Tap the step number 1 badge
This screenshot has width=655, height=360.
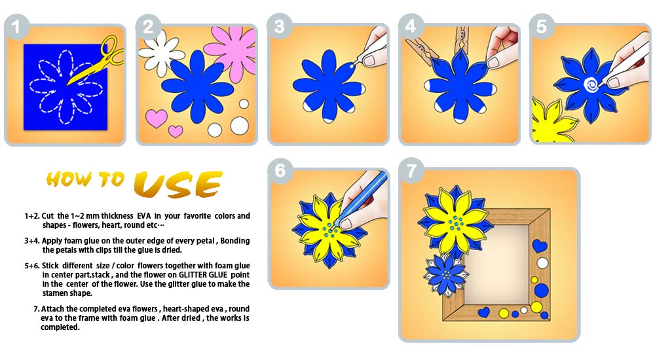click(16, 27)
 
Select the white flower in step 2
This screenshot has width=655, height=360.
click(161, 53)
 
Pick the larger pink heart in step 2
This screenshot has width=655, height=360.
click(157, 118)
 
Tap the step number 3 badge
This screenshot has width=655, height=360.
click(280, 26)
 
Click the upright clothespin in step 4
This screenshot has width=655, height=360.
click(462, 42)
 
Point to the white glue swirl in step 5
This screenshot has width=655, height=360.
click(591, 85)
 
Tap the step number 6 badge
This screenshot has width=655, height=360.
click(280, 170)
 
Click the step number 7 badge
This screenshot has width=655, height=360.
click(411, 170)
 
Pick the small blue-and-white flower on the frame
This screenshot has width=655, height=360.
click(445, 275)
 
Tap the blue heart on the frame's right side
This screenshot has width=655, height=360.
click(539, 245)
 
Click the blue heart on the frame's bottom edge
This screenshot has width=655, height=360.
click(484, 312)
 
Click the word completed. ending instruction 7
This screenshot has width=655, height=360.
click(60, 327)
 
